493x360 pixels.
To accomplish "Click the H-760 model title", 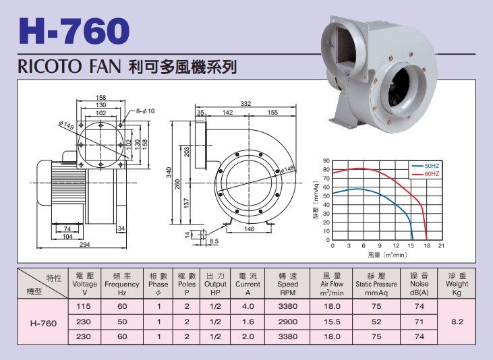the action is [74, 30].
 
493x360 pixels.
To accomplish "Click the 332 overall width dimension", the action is [245, 103].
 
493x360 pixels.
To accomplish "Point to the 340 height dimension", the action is [169, 173].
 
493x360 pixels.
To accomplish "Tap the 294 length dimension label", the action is [84, 244].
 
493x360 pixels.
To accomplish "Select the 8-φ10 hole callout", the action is [145, 111].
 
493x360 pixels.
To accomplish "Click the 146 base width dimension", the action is [249, 229].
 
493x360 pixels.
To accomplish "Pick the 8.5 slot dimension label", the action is [214, 241].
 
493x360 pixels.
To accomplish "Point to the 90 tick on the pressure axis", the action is [326, 161].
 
